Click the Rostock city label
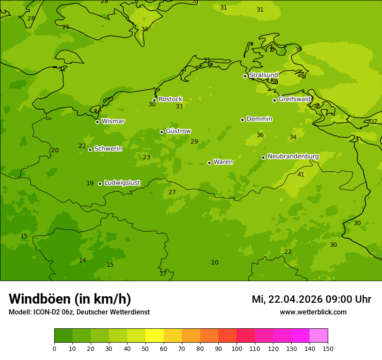point(170,99)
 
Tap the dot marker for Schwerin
point(90,150)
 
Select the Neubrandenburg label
point(293,157)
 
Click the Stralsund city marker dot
point(245,76)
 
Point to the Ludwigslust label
point(122,183)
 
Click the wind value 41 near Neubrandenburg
point(301,175)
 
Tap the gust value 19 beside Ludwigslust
point(90,183)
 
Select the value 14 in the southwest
point(82,261)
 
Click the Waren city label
point(223,162)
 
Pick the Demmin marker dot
point(242,120)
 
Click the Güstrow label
point(178,131)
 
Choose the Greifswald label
point(294,99)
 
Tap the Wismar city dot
point(97,122)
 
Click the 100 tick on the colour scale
point(237,348)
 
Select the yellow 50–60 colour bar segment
point(155,336)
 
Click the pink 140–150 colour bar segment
point(319,336)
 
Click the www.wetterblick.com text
point(313,312)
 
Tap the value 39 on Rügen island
point(299,49)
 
